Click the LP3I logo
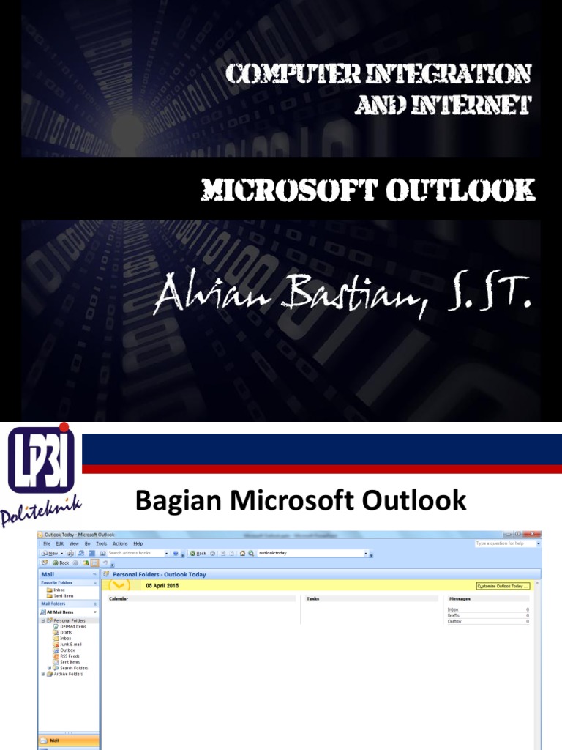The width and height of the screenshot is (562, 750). (42, 461)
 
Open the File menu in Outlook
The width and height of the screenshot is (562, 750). (47, 543)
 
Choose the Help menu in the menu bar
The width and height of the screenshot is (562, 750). (138, 543)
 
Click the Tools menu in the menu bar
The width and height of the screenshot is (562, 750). (101, 543)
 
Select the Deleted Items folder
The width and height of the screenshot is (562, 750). (72, 627)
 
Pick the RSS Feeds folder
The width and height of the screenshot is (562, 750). (70, 656)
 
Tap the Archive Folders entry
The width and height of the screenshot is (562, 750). (68, 674)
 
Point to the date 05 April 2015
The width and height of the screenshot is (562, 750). (162, 586)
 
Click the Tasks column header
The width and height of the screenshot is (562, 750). (312, 598)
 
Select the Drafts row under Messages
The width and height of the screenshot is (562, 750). (454, 615)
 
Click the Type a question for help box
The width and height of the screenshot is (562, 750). (505, 543)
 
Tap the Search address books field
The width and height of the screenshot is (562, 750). (135, 553)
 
